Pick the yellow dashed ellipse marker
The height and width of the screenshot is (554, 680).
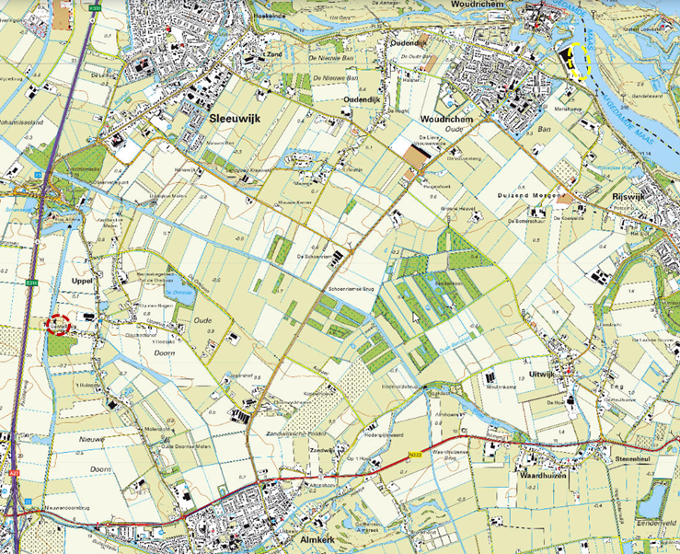coord(579,62)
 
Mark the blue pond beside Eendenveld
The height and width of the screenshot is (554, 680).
coord(654,500)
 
